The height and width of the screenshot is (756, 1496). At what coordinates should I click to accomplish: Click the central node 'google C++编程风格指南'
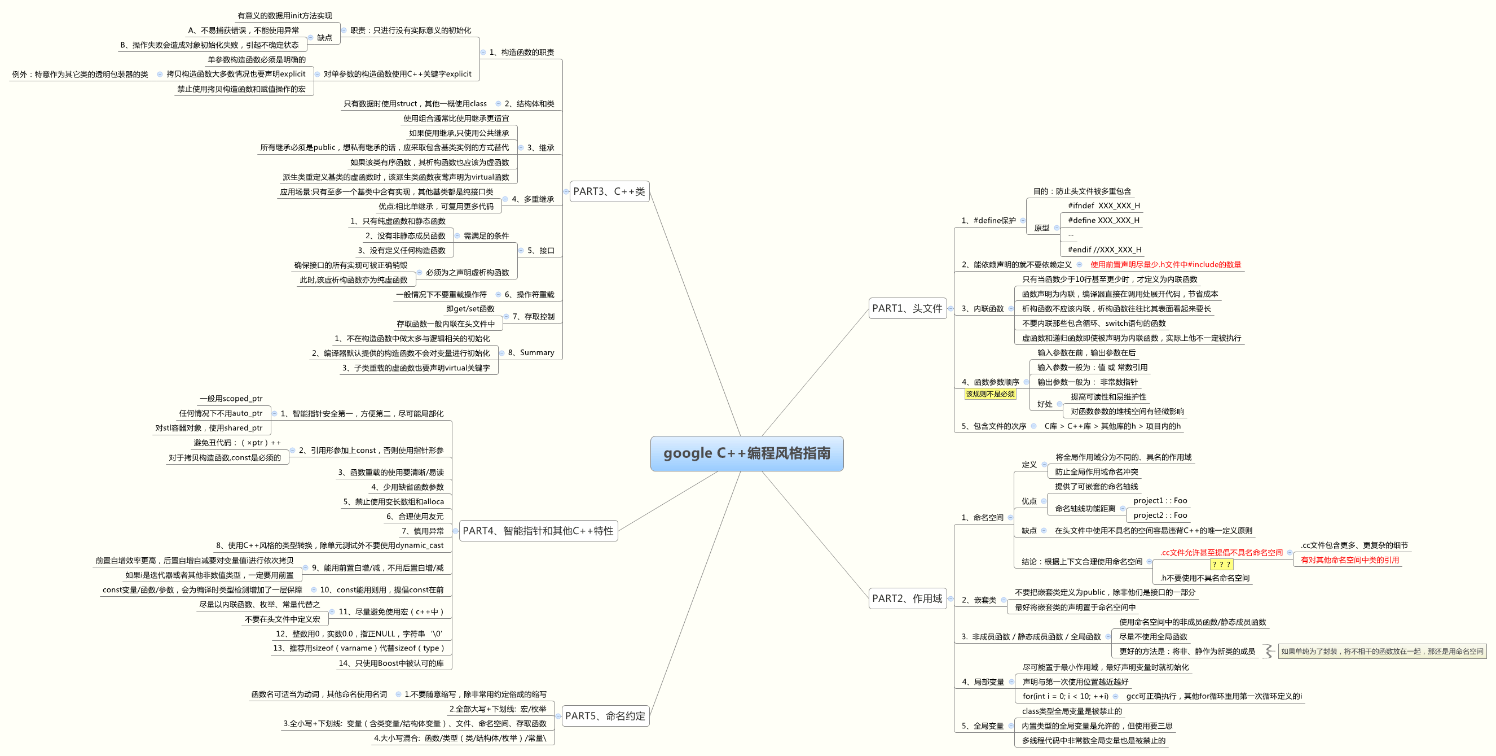[x=746, y=453]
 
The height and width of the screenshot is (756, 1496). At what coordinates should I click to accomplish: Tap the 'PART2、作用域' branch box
[x=907, y=598]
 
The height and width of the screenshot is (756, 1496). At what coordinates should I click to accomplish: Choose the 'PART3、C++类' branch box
[x=609, y=191]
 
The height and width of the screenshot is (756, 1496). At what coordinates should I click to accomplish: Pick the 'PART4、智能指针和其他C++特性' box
[x=538, y=531]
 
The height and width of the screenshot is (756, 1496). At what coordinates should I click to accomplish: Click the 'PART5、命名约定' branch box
[x=605, y=716]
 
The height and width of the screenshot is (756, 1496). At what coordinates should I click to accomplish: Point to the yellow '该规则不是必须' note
[x=990, y=394]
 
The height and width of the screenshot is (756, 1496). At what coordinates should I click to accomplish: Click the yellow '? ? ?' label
[x=1221, y=564]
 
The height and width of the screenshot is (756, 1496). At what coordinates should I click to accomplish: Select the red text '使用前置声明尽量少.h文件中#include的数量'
[x=1165, y=264]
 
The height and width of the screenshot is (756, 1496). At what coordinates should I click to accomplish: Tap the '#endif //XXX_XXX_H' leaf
[x=1104, y=250]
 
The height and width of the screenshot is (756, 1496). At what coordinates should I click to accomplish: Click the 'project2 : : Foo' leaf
[x=1160, y=515]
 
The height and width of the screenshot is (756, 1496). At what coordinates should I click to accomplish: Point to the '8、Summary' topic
[x=531, y=353]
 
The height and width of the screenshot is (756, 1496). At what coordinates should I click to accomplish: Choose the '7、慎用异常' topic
[x=422, y=531]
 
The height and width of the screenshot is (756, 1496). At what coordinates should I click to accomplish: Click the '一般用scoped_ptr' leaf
[x=231, y=399]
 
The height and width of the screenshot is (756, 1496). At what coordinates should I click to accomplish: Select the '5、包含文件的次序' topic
[x=993, y=426]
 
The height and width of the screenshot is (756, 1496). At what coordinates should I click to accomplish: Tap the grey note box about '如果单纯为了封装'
[x=1381, y=652]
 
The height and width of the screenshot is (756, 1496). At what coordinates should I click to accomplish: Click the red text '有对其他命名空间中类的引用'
[x=1349, y=560]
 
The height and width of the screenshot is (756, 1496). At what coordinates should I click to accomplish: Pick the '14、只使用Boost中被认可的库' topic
[x=391, y=663]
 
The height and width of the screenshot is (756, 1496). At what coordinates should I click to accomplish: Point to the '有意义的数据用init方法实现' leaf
[x=284, y=16]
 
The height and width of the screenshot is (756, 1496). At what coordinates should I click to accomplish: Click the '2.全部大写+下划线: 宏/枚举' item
[x=498, y=709]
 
